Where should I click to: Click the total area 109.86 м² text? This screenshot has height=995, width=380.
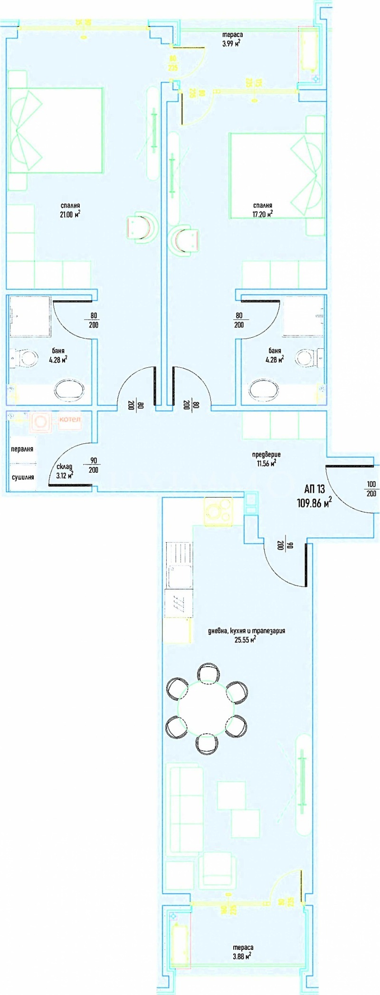314,503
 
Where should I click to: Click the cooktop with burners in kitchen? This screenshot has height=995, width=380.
218,511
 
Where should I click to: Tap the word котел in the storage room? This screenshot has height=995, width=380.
70,420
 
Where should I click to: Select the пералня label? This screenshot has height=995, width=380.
22,449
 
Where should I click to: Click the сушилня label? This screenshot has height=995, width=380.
23,477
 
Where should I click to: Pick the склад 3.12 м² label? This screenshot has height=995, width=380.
64,470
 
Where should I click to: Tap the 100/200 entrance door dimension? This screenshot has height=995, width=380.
371,488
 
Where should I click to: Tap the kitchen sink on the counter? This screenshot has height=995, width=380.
179,577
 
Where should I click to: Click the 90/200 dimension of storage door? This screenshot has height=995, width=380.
94,465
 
